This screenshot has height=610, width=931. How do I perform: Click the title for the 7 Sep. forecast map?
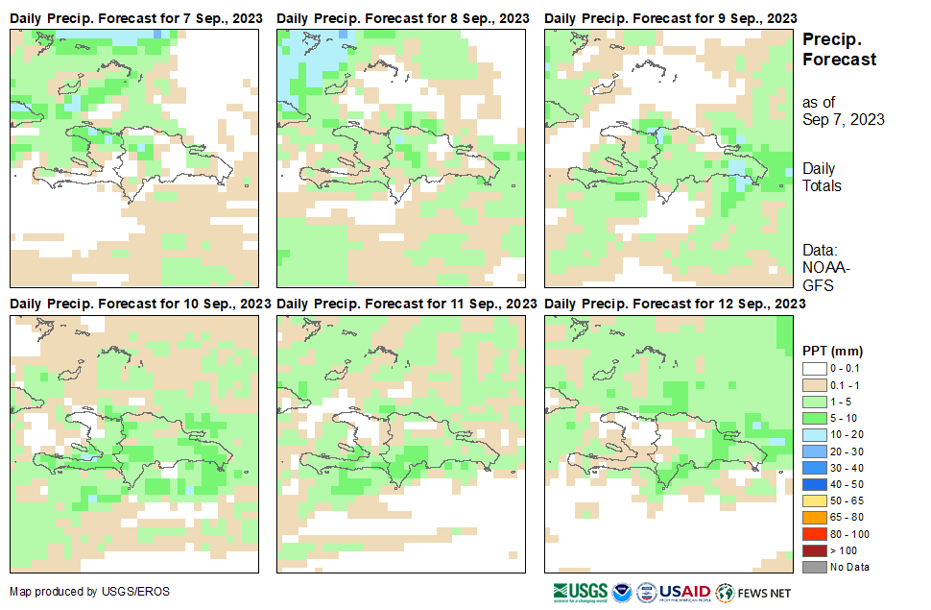pyautogui.click(x=135, y=18)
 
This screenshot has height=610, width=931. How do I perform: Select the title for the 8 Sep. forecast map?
pyautogui.click(x=402, y=18)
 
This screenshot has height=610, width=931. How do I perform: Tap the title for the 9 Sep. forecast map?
pyautogui.click(x=670, y=18)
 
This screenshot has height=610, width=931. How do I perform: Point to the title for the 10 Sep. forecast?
pyautogui.click(x=139, y=304)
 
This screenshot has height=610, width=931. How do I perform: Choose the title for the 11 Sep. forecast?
pyautogui.click(x=406, y=304)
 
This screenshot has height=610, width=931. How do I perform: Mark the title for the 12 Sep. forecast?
pyautogui.click(x=674, y=304)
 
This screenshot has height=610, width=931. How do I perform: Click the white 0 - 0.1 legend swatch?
pyautogui.click(x=814, y=368)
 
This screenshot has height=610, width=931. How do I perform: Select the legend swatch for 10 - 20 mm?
pyautogui.click(x=814, y=435)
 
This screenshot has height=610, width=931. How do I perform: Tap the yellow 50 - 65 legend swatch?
pyautogui.click(x=814, y=501)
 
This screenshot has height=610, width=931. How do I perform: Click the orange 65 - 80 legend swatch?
pyautogui.click(x=814, y=518)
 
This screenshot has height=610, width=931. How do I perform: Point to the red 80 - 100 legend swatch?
pyautogui.click(x=814, y=534)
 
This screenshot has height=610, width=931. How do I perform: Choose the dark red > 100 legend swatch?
pyautogui.click(x=814, y=550)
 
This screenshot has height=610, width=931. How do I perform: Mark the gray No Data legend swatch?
pyautogui.click(x=814, y=567)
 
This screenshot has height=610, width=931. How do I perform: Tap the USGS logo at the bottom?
pyautogui.click(x=581, y=592)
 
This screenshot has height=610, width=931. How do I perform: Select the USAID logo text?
pyautogui.click(x=684, y=592)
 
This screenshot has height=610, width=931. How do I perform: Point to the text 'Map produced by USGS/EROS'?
pyautogui.click(x=89, y=592)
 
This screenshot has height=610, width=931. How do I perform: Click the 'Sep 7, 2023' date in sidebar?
pyautogui.click(x=843, y=120)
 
